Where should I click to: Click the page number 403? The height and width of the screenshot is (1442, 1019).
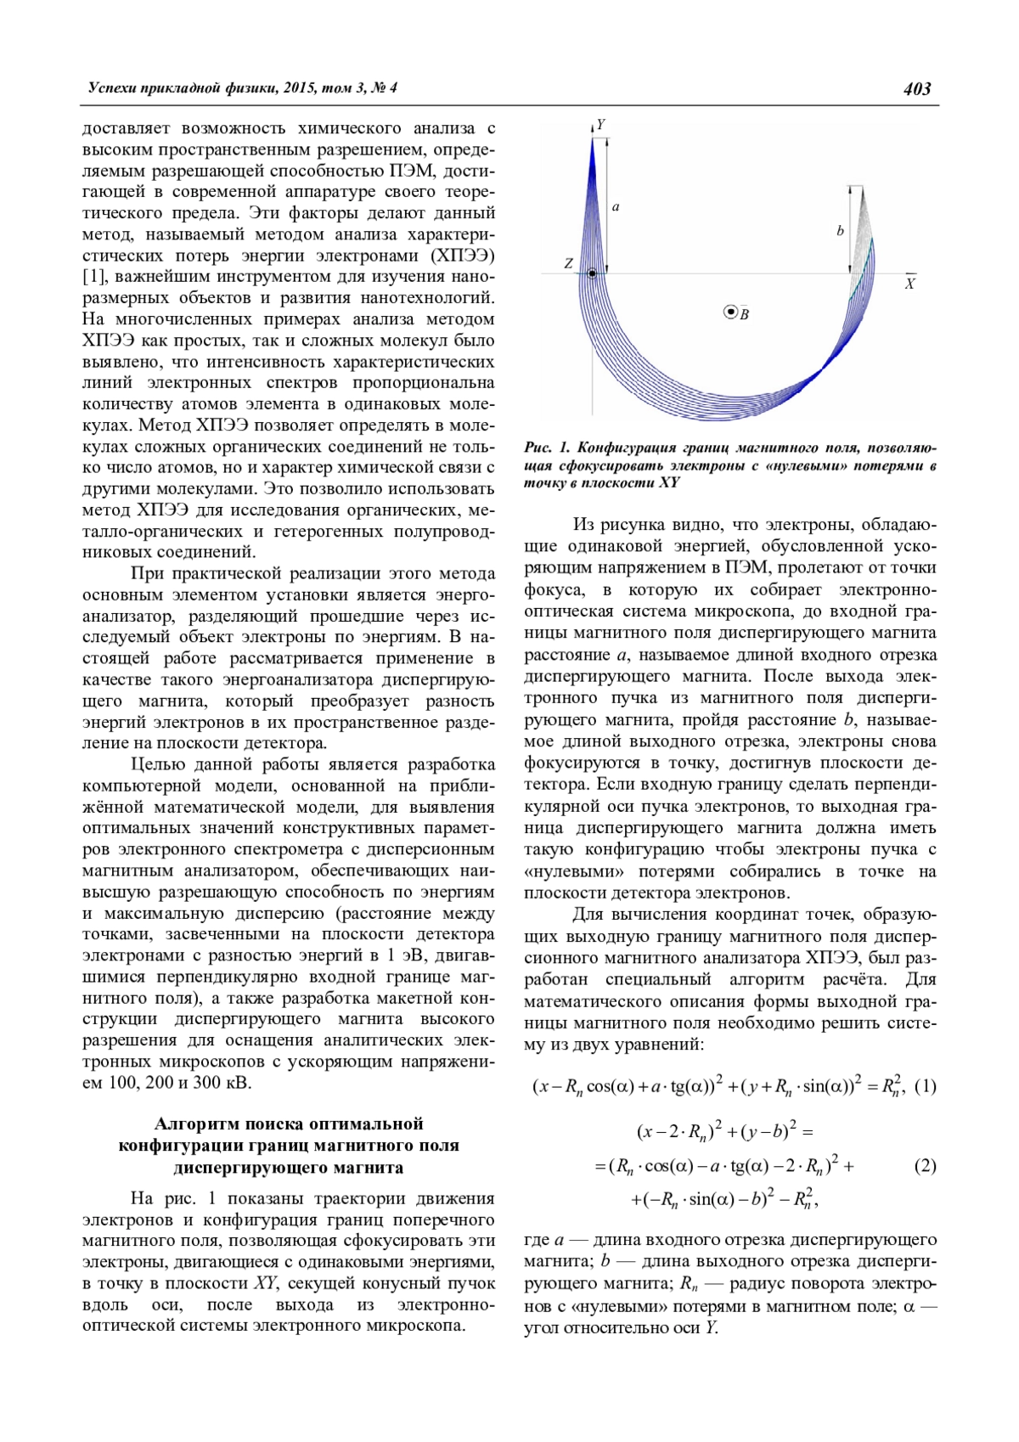(x=917, y=88)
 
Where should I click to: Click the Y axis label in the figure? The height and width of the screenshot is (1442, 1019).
(x=601, y=125)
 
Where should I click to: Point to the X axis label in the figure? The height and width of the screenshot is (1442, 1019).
(x=909, y=284)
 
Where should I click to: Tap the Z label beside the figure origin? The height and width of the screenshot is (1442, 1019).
(x=568, y=264)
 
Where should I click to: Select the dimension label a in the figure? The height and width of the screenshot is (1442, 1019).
(x=616, y=206)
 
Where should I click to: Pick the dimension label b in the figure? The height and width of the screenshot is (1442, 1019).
(x=840, y=231)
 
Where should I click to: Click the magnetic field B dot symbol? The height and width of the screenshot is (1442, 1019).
(x=729, y=313)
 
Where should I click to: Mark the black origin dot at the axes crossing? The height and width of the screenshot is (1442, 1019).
(x=592, y=273)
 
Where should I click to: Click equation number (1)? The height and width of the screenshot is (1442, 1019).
(x=926, y=1085)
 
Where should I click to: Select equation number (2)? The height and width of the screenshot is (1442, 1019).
(x=926, y=1165)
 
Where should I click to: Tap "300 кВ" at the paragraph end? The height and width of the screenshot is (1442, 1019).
(x=225, y=1083)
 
